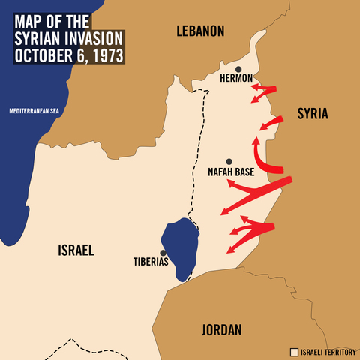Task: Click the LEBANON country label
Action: [200, 31]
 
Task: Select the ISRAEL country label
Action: [76, 250]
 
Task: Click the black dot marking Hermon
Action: [238, 69]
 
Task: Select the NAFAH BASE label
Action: [231, 172]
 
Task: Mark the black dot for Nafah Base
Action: [229, 161]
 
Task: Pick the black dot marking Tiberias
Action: [163, 253]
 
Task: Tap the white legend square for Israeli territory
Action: [294, 351]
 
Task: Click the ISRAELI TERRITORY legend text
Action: [327, 351]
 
